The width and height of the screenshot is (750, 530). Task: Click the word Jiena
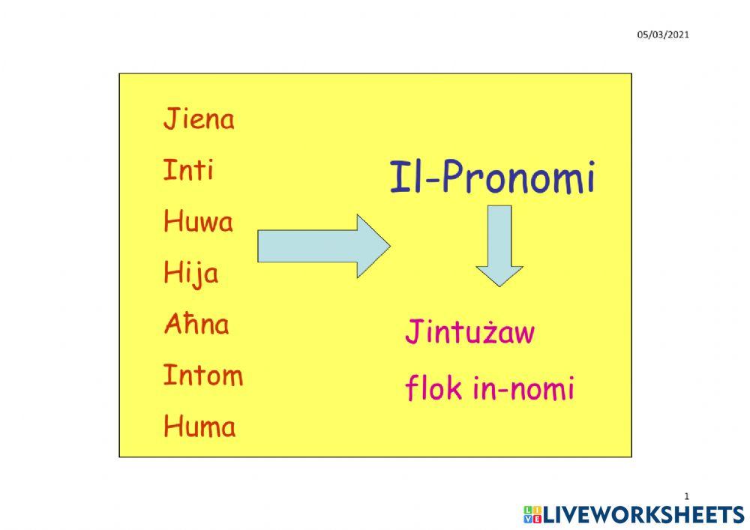coord(199,119)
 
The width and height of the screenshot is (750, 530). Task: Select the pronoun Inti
coord(188,170)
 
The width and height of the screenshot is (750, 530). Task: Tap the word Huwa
coord(198,221)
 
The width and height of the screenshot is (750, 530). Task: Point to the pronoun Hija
coord(190,273)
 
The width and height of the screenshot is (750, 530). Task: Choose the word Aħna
coord(196,325)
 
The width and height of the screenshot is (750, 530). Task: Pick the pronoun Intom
coord(203,375)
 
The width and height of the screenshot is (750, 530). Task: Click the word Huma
coord(199,427)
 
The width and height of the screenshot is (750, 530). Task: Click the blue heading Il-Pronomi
coord(492,178)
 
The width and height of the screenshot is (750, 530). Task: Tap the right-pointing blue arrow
coord(323,246)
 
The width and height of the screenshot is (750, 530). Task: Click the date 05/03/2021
coord(663,34)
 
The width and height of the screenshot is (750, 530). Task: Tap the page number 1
coord(686,496)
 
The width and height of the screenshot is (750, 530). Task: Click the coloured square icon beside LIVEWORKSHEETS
coord(532,514)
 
